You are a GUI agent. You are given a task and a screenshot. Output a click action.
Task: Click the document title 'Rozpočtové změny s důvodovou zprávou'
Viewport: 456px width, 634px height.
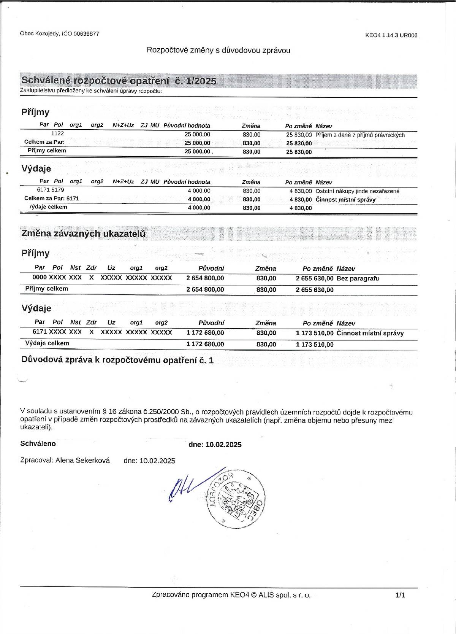tap(218, 50)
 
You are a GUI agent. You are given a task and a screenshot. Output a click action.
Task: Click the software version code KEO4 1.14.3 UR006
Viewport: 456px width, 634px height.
tap(391, 35)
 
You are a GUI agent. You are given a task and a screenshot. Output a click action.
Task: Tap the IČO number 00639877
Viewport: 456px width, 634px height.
tap(86, 33)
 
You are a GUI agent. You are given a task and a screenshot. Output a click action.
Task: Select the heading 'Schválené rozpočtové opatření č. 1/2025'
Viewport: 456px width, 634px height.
tap(119, 81)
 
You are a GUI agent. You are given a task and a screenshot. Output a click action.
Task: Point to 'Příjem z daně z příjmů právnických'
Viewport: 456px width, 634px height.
tap(360, 135)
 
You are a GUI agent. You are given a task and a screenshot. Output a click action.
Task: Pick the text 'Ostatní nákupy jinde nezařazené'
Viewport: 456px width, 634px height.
tap(357, 191)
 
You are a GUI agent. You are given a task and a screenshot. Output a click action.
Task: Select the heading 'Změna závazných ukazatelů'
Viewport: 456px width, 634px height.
tap(83, 234)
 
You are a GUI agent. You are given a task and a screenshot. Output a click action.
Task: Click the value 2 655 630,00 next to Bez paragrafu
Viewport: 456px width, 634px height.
tap(314, 278)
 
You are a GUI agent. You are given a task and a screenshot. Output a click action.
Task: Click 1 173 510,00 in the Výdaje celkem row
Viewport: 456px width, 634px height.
tap(314, 345)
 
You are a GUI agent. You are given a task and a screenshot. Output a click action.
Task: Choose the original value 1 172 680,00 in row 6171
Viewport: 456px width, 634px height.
tap(205, 333)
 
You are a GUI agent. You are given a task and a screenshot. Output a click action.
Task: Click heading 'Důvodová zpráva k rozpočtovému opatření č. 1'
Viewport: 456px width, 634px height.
tap(117, 360)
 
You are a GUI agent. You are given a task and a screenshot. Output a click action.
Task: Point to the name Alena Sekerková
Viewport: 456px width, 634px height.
tap(82, 461)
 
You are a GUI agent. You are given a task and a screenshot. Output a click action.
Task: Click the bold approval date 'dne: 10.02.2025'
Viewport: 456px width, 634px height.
tap(215, 445)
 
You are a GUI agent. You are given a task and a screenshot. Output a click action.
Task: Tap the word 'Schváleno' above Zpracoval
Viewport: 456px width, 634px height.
tap(38, 443)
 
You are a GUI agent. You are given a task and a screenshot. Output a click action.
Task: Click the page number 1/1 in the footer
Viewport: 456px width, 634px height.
tap(400, 595)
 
